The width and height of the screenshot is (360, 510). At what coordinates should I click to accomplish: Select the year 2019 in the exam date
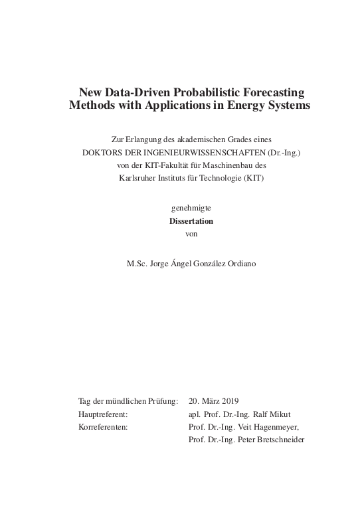coord(228,401)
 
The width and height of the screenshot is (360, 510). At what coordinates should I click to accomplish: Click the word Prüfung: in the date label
coord(161,401)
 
